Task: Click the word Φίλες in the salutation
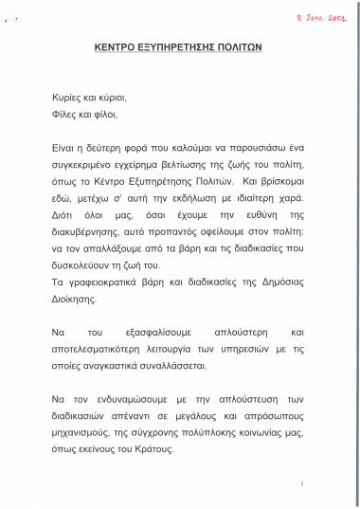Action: coord(65,115)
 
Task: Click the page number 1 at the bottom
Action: coord(300,483)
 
